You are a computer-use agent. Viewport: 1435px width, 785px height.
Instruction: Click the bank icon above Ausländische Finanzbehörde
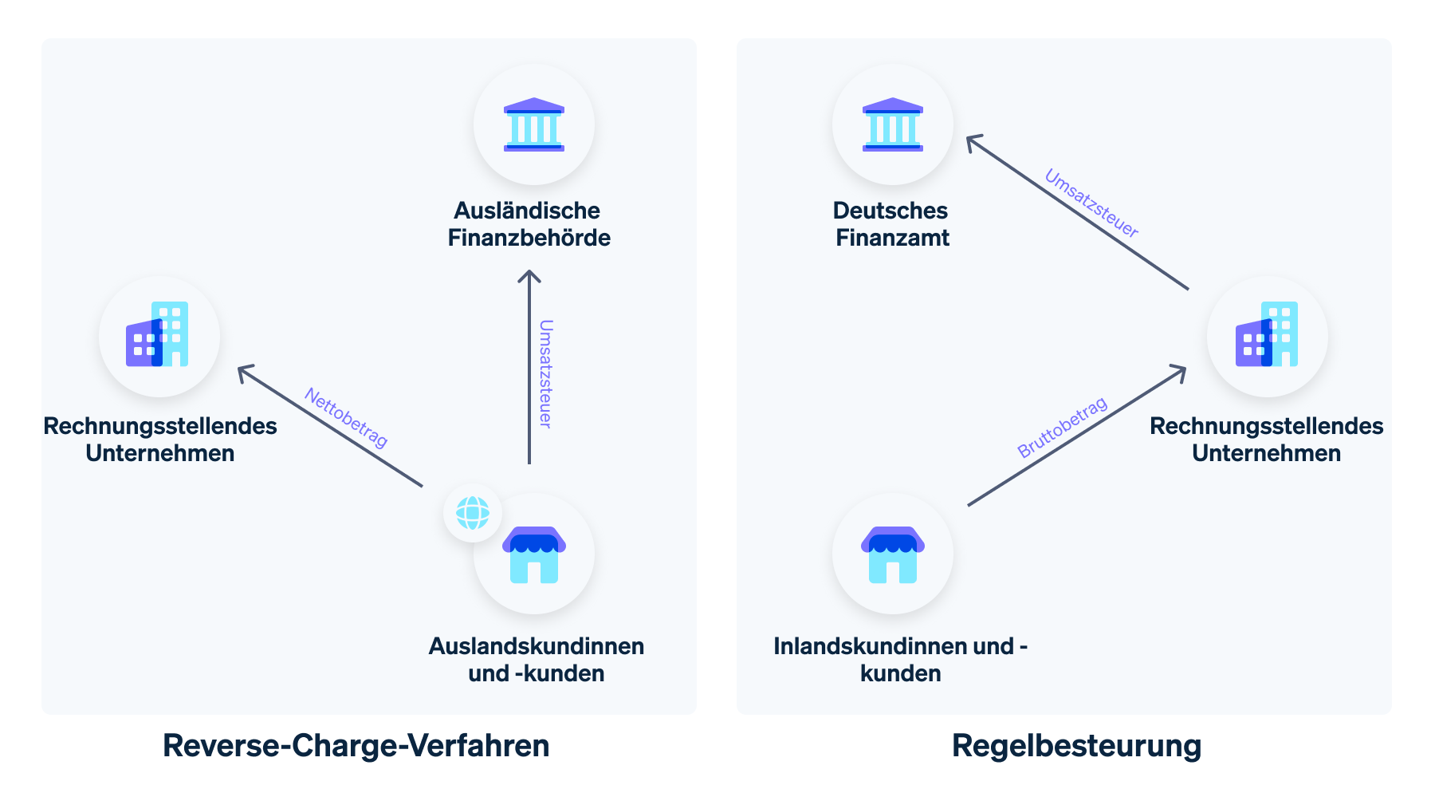click(x=533, y=124)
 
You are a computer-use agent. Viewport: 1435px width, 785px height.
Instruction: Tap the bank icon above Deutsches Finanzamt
click(x=892, y=124)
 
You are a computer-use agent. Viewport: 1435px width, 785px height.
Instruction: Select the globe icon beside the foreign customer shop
click(x=473, y=513)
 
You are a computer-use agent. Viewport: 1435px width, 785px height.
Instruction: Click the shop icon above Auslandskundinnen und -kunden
click(x=534, y=554)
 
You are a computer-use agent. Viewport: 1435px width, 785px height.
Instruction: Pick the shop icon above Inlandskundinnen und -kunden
click(x=892, y=554)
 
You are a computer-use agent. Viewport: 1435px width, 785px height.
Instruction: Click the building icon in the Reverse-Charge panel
click(x=159, y=335)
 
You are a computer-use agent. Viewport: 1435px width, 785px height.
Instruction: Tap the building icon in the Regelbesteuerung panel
click(x=1267, y=335)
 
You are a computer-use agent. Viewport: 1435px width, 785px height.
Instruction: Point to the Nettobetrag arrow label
click(x=346, y=418)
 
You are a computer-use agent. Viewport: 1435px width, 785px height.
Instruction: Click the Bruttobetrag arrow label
click(x=1062, y=428)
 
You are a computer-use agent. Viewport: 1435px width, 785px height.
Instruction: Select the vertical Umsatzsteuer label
click(x=546, y=373)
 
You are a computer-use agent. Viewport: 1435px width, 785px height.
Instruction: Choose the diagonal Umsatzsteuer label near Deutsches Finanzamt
click(x=1091, y=203)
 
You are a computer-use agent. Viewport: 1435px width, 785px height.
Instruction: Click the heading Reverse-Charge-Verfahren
click(x=356, y=746)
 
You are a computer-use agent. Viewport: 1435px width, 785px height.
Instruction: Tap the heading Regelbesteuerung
click(x=1076, y=746)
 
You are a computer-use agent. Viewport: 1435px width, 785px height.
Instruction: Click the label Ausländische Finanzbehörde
click(x=529, y=224)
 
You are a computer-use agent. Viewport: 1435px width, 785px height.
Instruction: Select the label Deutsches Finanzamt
click(x=891, y=224)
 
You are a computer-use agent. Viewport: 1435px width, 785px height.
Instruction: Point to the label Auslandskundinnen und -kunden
click(x=536, y=659)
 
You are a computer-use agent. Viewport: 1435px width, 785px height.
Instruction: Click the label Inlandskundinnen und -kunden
click(x=900, y=659)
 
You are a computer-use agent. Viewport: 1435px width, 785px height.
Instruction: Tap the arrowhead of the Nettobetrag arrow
click(x=242, y=369)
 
